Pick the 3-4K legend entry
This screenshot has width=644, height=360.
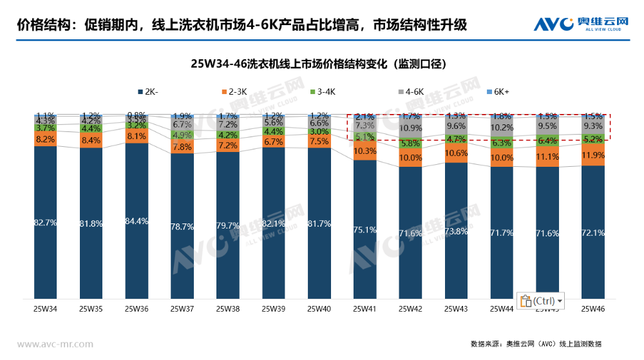click(x=322, y=91)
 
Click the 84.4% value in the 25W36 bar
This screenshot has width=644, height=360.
click(x=137, y=221)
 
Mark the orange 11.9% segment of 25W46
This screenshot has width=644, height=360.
click(x=593, y=155)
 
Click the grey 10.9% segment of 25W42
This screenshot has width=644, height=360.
click(x=411, y=128)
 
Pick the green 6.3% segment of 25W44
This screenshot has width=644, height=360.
click(x=502, y=143)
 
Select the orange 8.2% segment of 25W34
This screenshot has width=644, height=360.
click(x=45, y=139)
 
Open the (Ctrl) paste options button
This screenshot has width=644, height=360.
click(x=540, y=301)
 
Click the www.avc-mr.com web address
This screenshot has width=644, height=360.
click(x=55, y=344)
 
